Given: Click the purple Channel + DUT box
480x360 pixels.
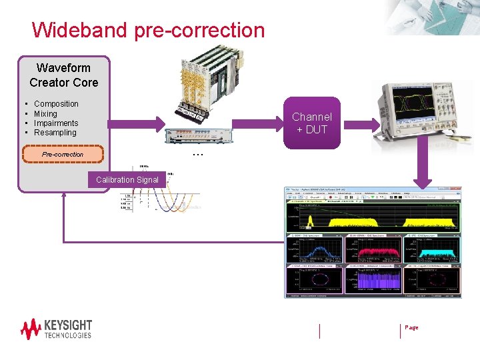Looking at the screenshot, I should point(311,123).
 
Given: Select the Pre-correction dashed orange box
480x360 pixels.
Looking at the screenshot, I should point(63,154).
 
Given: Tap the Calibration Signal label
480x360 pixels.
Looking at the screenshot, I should point(127,180).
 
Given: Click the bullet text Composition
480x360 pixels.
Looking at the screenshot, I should point(56,104).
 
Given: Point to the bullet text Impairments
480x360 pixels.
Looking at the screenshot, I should point(56,123).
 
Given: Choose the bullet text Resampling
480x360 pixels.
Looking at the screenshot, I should point(55,133).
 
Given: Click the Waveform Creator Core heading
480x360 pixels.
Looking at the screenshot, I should point(64,75).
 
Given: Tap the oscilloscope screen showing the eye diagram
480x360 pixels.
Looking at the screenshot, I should point(409,106).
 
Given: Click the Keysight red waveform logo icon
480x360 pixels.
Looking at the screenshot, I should point(31,329).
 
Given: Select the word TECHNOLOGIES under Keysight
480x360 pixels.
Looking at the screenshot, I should point(67,335).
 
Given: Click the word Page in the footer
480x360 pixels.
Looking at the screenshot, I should point(411,327).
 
